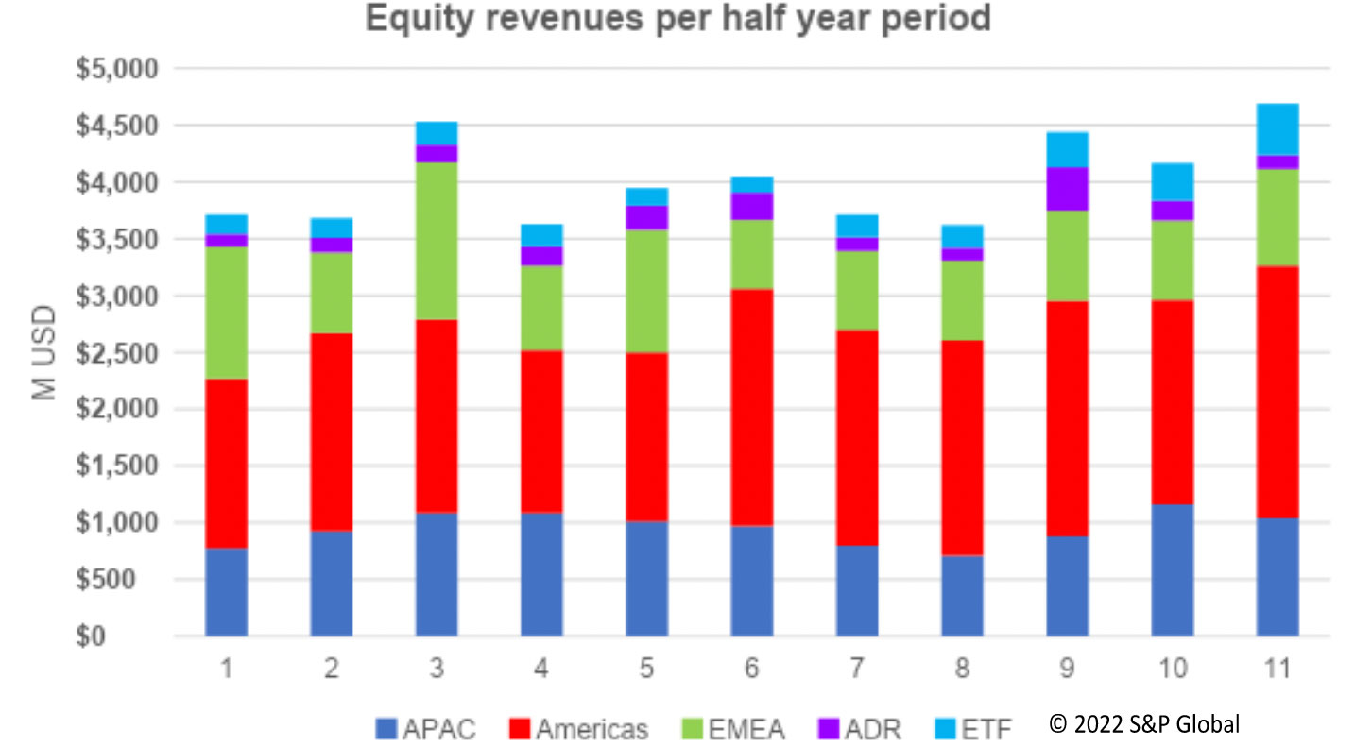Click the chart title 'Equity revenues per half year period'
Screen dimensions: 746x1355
[x=677, y=20]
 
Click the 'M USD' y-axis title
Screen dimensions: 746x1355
[x=44, y=352]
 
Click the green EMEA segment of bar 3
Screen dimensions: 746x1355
[x=437, y=241]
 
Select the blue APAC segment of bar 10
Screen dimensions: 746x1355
[x=1172, y=570]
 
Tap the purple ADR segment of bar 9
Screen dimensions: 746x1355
[x=1067, y=189]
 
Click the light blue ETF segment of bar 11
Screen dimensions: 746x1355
[x=1277, y=129]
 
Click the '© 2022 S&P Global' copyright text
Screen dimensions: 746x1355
[x=1144, y=724]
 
